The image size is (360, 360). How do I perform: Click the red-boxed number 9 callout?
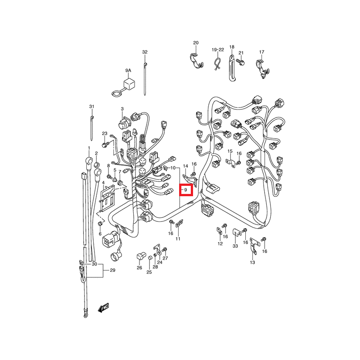186,190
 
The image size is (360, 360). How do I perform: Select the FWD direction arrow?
103,308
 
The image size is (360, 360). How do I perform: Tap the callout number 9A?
128,71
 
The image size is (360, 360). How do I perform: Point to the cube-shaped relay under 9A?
129,84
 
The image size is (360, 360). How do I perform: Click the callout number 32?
144,52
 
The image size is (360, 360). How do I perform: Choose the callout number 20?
196,43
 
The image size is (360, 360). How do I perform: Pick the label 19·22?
218,50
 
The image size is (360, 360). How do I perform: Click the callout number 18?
232,47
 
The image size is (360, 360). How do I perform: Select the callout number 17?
262,52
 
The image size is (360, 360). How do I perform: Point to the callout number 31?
92,107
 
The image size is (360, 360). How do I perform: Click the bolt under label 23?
105,144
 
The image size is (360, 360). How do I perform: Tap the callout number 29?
112,270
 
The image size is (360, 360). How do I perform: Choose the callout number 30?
94,264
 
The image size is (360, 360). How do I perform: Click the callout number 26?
139,268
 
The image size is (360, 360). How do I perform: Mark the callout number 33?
235,246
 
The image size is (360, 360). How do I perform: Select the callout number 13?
252,262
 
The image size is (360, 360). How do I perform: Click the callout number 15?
230,151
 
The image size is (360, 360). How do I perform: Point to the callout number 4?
103,183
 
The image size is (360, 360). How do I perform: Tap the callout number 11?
178,239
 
